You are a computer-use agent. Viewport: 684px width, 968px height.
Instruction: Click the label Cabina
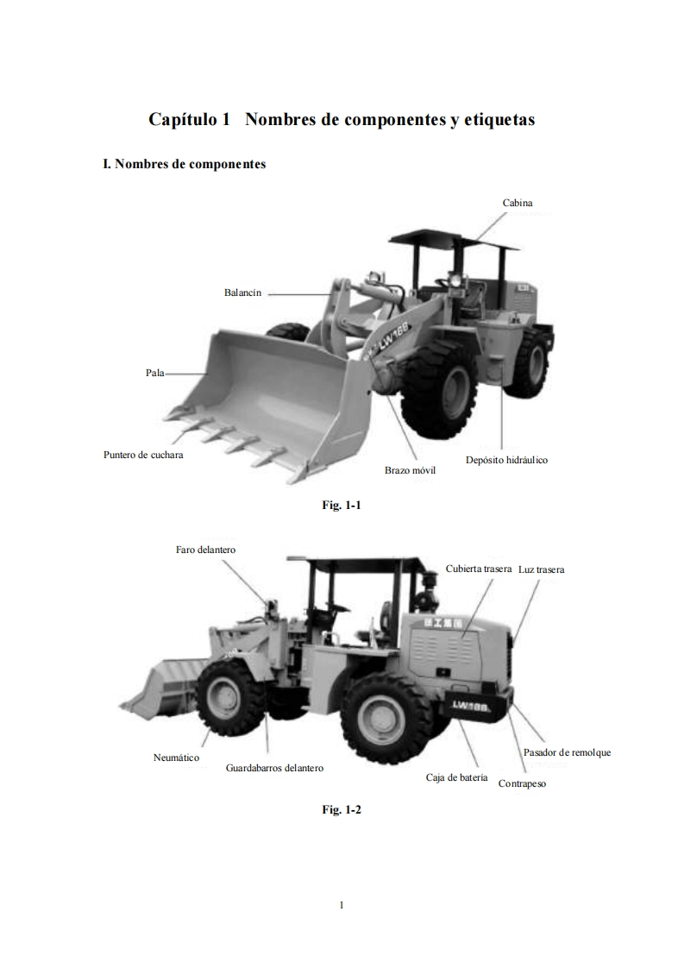point(518,203)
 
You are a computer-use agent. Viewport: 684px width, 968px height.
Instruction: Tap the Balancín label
point(242,293)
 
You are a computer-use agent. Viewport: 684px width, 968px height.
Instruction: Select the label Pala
point(155,373)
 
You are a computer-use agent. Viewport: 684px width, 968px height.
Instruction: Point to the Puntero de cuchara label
point(143,455)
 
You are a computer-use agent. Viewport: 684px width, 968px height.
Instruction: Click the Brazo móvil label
point(410,470)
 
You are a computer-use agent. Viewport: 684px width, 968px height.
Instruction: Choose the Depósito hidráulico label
point(506,460)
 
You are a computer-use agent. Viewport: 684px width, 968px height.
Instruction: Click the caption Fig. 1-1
point(341,506)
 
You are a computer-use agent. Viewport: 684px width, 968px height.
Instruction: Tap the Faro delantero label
point(205,550)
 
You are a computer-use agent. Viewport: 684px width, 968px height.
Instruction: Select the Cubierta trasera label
point(479,569)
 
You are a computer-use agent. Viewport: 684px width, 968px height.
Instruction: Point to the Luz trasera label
point(542,569)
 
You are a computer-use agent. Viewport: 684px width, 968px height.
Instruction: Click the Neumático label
point(176,757)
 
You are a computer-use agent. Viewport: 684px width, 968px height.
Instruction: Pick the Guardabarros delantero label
point(268,767)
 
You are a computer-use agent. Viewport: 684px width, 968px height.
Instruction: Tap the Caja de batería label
point(456,777)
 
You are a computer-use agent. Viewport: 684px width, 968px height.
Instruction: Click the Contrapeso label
point(522,784)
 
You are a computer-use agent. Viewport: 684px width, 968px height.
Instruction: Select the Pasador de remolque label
point(567,752)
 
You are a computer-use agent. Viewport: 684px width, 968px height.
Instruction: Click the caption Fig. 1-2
point(341,809)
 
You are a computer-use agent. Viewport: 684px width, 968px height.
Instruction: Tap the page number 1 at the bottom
point(342,905)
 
